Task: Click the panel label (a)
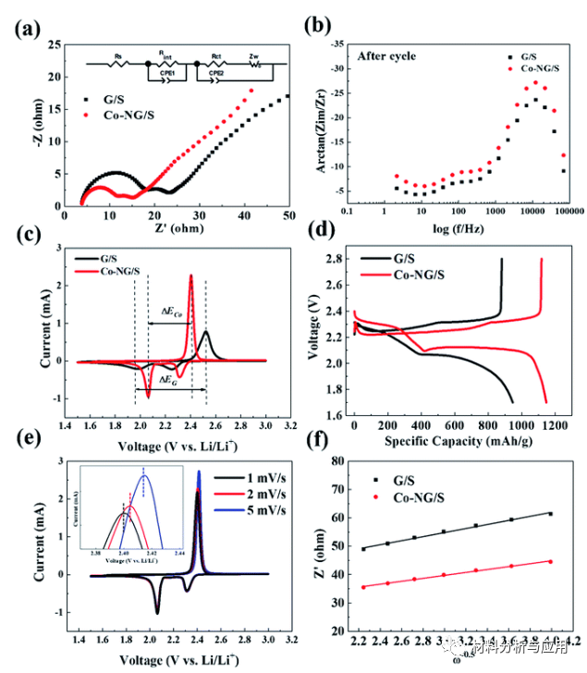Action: point(27,27)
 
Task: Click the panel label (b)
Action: point(315,26)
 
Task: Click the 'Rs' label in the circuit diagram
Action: point(118,56)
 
